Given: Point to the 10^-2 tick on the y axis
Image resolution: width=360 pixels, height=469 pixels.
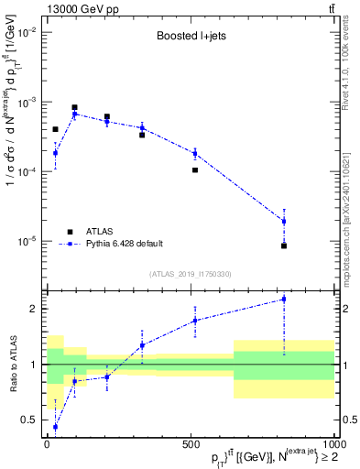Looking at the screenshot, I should coord(28,32).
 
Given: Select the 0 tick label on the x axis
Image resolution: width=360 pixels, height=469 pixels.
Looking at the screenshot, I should coord(48,444).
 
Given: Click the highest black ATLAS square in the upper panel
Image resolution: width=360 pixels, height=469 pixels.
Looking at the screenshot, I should coord(74,107).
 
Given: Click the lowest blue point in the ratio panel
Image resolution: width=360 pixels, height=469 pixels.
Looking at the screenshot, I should coord(55,427).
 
